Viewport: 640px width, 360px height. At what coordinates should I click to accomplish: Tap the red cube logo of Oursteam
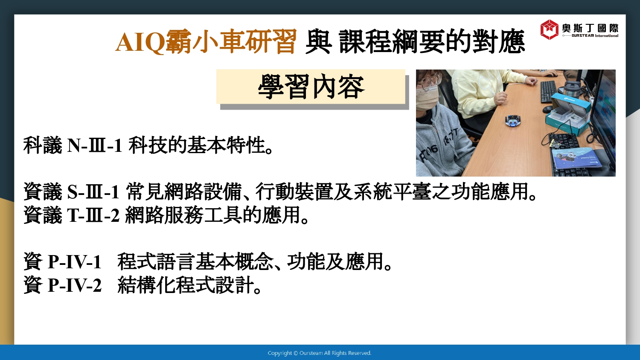(x=549, y=29)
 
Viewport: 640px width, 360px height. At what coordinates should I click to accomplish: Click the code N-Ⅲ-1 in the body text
(x=95, y=145)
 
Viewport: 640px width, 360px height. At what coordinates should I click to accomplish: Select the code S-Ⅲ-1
(x=93, y=192)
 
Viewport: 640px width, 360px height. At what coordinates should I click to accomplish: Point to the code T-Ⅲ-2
(x=93, y=215)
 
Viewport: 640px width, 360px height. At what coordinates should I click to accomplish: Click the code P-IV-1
(x=75, y=261)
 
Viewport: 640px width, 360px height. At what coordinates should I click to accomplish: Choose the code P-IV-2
(x=75, y=285)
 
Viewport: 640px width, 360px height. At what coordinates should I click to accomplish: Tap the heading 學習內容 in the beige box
(x=311, y=87)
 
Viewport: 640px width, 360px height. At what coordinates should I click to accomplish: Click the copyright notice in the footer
(x=320, y=353)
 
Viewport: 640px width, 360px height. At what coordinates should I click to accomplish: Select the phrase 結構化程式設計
(x=186, y=285)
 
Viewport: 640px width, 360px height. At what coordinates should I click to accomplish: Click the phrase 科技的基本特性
(x=197, y=145)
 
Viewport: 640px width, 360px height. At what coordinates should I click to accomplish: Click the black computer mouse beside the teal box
(x=547, y=110)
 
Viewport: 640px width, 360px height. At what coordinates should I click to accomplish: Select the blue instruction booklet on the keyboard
(x=575, y=158)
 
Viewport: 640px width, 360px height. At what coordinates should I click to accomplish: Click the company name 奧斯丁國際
(x=590, y=28)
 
